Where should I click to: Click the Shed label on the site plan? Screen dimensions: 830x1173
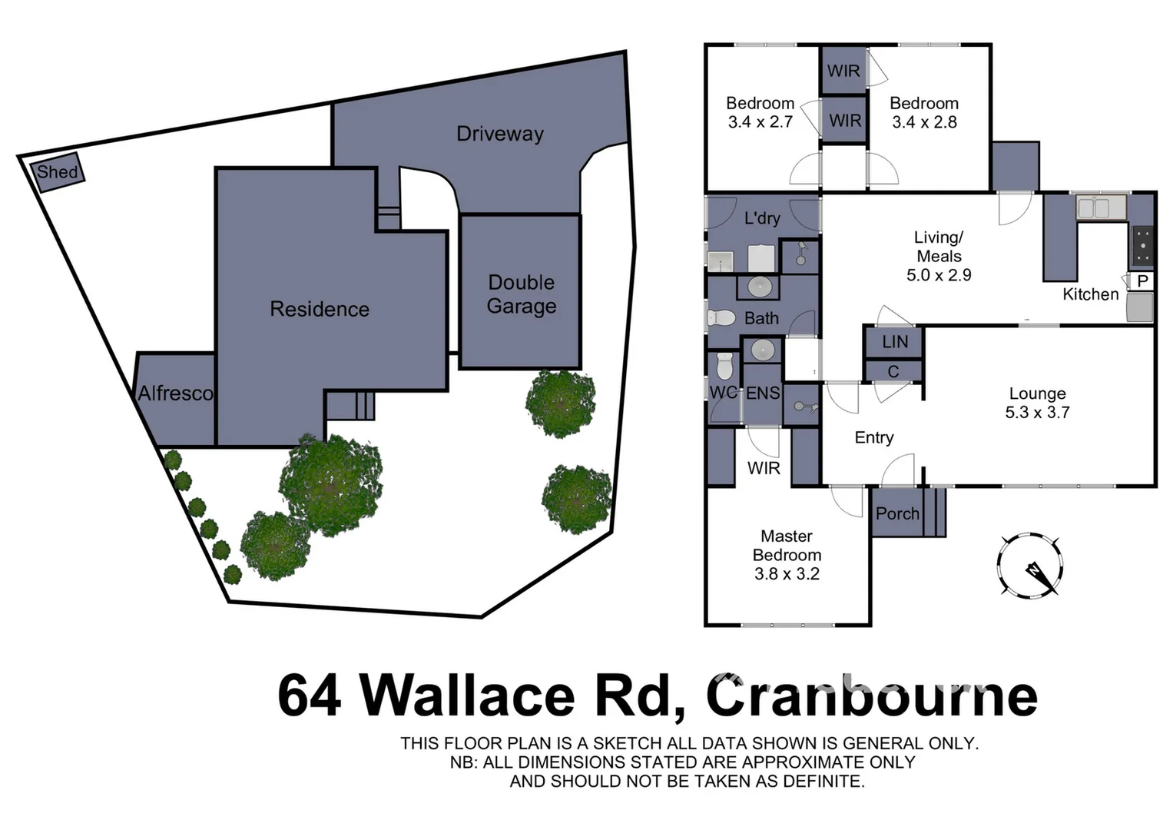point(58,171)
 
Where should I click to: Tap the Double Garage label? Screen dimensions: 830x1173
point(521,294)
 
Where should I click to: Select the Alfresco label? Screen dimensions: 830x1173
point(176,393)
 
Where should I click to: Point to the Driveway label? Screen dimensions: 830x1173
point(499,134)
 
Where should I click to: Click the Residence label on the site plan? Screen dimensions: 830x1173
point(320,309)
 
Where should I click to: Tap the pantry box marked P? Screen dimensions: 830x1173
point(1142,281)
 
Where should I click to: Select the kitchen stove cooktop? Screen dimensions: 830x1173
point(1142,244)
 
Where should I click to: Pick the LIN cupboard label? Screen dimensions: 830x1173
point(895,342)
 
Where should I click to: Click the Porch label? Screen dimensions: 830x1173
point(897,513)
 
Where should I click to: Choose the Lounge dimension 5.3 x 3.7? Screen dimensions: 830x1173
point(1037,413)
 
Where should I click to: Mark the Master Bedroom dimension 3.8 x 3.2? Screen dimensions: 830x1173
point(787,574)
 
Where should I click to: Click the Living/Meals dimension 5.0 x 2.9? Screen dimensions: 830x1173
point(939,275)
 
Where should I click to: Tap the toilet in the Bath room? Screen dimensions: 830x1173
point(721,317)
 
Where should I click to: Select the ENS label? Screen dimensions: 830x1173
point(763,393)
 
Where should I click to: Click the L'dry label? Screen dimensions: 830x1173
point(762,218)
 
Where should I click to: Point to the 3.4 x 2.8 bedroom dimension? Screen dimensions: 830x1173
point(924,122)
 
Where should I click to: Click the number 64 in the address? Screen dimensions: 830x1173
point(309,695)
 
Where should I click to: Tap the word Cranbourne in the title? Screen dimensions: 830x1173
point(871,695)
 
